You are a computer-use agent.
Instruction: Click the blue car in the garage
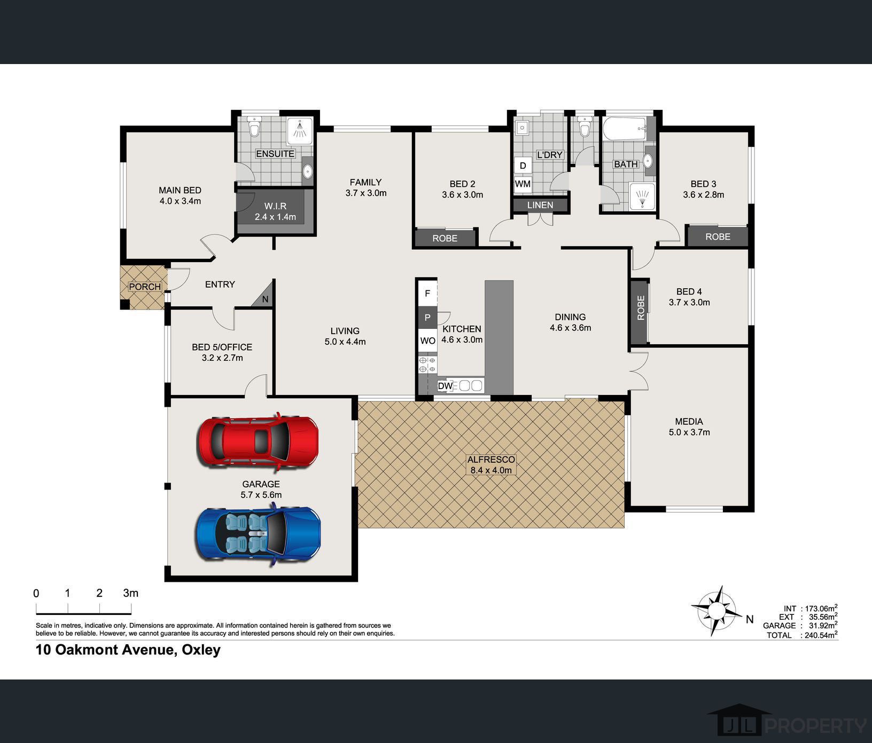pyautogui.click(x=259, y=534)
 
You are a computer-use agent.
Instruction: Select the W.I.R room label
pyautogui.click(x=275, y=206)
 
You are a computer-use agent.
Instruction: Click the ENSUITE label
pyautogui.click(x=275, y=154)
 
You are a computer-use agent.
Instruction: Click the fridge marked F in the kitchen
pyautogui.click(x=427, y=293)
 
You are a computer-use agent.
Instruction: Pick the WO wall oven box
pyautogui.click(x=427, y=341)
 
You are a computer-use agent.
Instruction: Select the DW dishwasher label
pyautogui.click(x=445, y=385)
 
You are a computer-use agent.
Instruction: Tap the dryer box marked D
pyautogui.click(x=523, y=165)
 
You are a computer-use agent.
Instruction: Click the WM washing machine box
pyautogui.click(x=523, y=184)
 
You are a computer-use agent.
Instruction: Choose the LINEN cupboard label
pyautogui.click(x=540, y=205)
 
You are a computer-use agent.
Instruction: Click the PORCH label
pyautogui.click(x=145, y=287)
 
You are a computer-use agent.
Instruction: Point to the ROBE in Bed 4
pyautogui.click(x=640, y=312)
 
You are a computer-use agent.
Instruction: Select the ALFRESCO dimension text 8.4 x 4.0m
pyautogui.click(x=490, y=470)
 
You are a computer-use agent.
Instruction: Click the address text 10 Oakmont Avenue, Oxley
pyautogui.click(x=128, y=650)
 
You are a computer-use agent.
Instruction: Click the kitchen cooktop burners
pyautogui.click(x=427, y=365)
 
